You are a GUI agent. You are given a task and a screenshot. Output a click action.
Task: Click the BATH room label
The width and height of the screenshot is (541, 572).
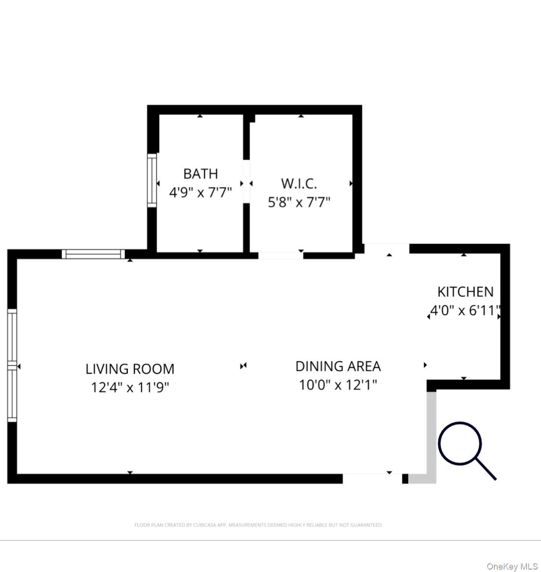coord(201,173)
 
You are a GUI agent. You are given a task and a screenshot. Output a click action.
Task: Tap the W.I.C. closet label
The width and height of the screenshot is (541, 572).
coord(299,183)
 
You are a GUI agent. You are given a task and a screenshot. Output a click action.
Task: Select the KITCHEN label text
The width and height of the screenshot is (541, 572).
coord(465,292)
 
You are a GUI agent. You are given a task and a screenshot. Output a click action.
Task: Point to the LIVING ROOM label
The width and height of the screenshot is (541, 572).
coord(130,369)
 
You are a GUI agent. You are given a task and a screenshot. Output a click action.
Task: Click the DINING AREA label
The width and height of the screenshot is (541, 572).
coord(338,366)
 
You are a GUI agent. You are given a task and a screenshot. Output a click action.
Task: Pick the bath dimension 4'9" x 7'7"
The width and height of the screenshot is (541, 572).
coord(201,192)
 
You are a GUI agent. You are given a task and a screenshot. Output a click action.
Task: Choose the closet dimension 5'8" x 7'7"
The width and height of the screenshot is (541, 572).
coord(299,202)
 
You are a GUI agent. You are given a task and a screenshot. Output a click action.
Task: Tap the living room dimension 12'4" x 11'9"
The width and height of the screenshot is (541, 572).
coord(130,387)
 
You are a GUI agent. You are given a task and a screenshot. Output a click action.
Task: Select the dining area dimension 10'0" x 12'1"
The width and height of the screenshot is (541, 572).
coord(338,385)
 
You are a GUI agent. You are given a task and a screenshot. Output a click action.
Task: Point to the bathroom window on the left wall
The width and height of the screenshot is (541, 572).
coord(152,180)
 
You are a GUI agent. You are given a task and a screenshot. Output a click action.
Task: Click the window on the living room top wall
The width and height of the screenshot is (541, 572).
coord(93,254)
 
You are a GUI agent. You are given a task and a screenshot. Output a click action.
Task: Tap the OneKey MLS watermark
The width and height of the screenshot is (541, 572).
coord(512,566)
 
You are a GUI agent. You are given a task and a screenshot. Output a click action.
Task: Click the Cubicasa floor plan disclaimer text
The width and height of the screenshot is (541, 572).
coord(258,525)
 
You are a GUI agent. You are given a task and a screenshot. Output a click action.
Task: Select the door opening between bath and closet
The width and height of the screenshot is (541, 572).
coord(246,182)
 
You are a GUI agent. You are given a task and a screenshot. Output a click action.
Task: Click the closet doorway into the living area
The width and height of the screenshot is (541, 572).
coord(281,255)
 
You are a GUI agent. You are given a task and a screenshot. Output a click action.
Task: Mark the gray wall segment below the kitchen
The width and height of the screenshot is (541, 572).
coord(431,435)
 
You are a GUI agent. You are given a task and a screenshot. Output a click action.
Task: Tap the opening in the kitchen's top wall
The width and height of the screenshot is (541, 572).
coord(387,249)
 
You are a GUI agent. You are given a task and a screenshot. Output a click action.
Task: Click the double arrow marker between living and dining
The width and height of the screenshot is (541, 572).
coord(243,366)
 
